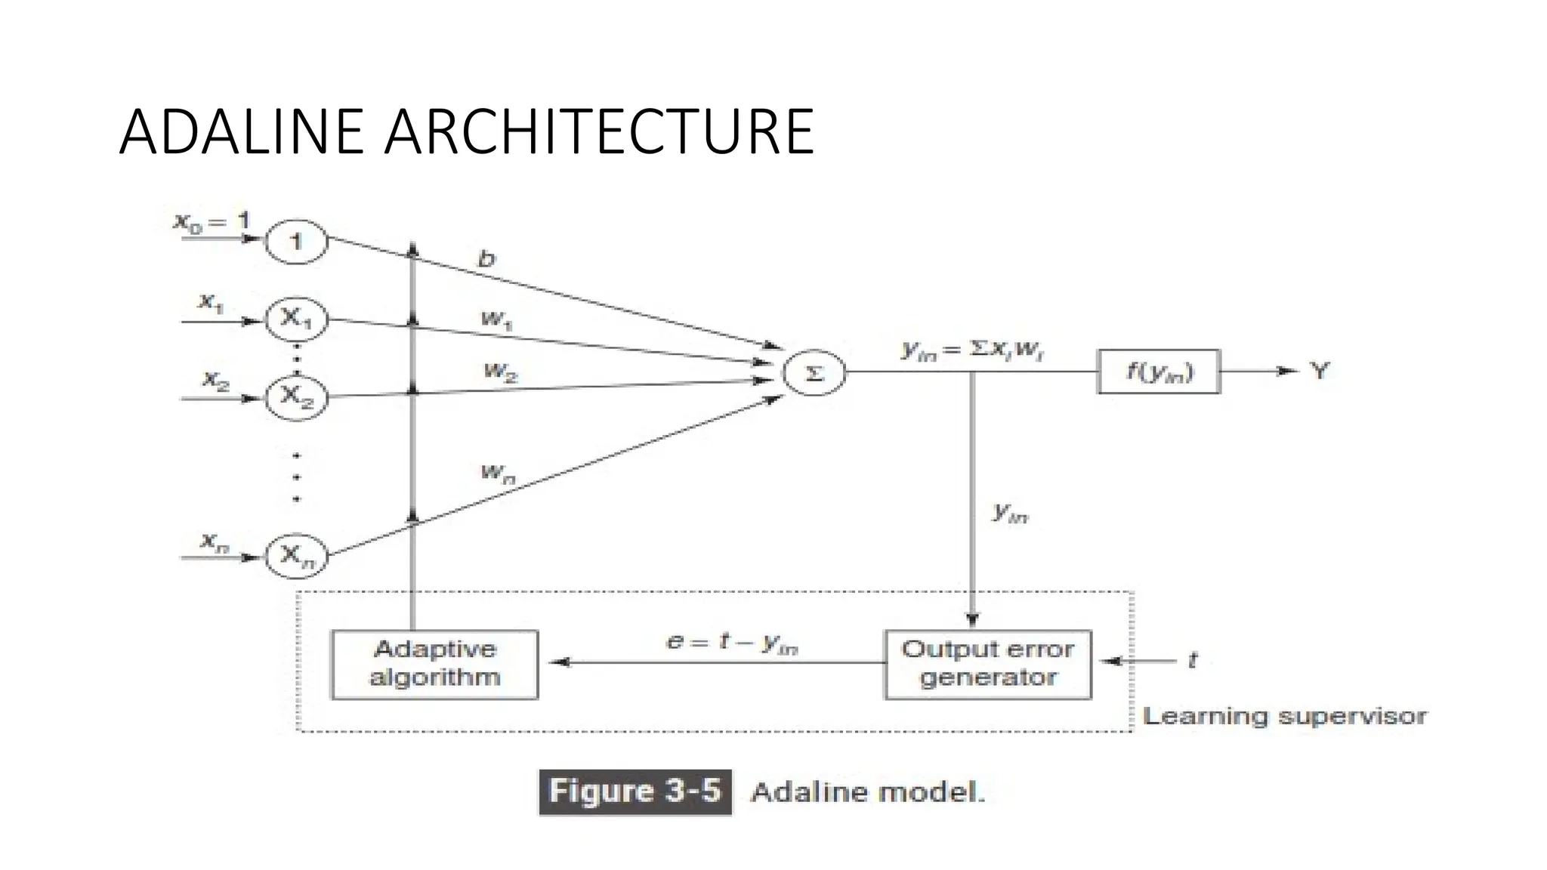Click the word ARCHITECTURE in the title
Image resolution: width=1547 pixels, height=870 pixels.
click(598, 133)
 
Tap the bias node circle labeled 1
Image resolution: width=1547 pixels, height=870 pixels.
click(296, 242)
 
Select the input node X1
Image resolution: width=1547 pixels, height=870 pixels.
click(296, 320)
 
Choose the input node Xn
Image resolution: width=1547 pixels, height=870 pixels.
click(296, 557)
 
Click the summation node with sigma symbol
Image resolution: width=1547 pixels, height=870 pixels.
click(814, 372)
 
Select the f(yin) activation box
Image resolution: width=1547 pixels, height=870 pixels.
click(1158, 372)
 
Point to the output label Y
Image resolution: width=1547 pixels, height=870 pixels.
click(1319, 371)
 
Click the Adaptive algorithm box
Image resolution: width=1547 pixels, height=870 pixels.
click(435, 664)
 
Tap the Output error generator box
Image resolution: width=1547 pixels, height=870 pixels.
click(987, 664)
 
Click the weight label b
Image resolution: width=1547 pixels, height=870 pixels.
click(487, 259)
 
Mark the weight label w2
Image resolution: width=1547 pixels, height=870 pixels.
click(500, 372)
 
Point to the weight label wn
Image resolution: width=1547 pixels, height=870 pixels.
click(497, 474)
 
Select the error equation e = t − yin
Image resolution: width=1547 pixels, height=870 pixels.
click(731, 643)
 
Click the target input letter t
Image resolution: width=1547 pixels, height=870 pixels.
click(1193, 660)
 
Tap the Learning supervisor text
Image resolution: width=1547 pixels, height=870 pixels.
click(1284, 716)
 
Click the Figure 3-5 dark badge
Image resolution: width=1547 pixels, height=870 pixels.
click(635, 791)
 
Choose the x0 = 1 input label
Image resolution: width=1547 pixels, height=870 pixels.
click(212, 222)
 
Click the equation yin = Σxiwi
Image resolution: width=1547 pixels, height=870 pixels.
click(972, 350)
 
